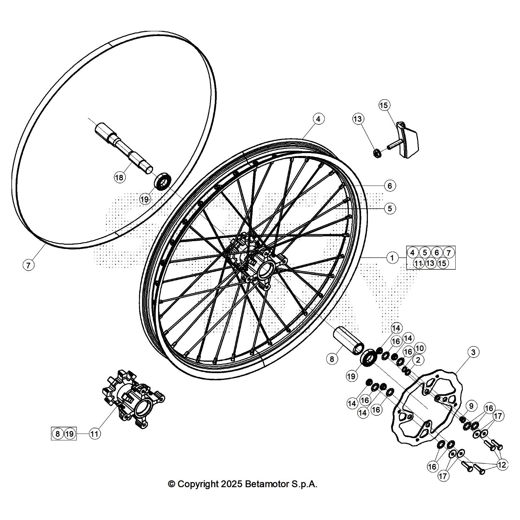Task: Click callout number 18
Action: pyautogui.click(x=119, y=177)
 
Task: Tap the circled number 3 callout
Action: pyautogui.click(x=473, y=352)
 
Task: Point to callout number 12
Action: pyautogui.click(x=502, y=465)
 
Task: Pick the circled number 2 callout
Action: pyautogui.click(x=418, y=360)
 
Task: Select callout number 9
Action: pyautogui.click(x=471, y=406)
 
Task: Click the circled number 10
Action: pyautogui.click(x=419, y=348)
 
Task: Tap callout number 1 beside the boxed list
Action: pyautogui.click(x=392, y=258)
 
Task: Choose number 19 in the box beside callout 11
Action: pyautogui.click(x=70, y=434)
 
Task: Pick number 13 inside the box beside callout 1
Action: pyautogui.click(x=430, y=263)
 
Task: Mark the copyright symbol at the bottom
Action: pyautogui.click(x=171, y=484)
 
